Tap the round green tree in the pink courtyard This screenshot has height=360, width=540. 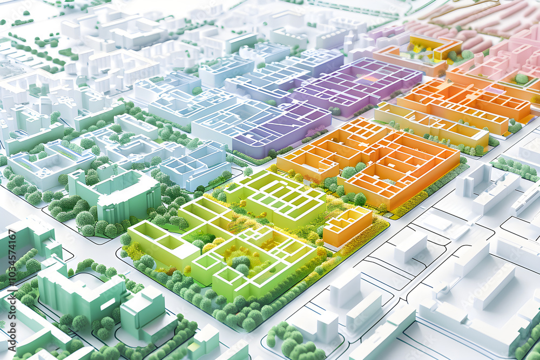click(x=521, y=79)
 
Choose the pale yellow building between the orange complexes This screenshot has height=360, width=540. click(x=432, y=124)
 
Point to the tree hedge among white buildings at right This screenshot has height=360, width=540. click(x=516, y=167)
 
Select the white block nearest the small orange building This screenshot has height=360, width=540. click(x=410, y=246)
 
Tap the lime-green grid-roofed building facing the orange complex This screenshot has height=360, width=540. click(x=278, y=197)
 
